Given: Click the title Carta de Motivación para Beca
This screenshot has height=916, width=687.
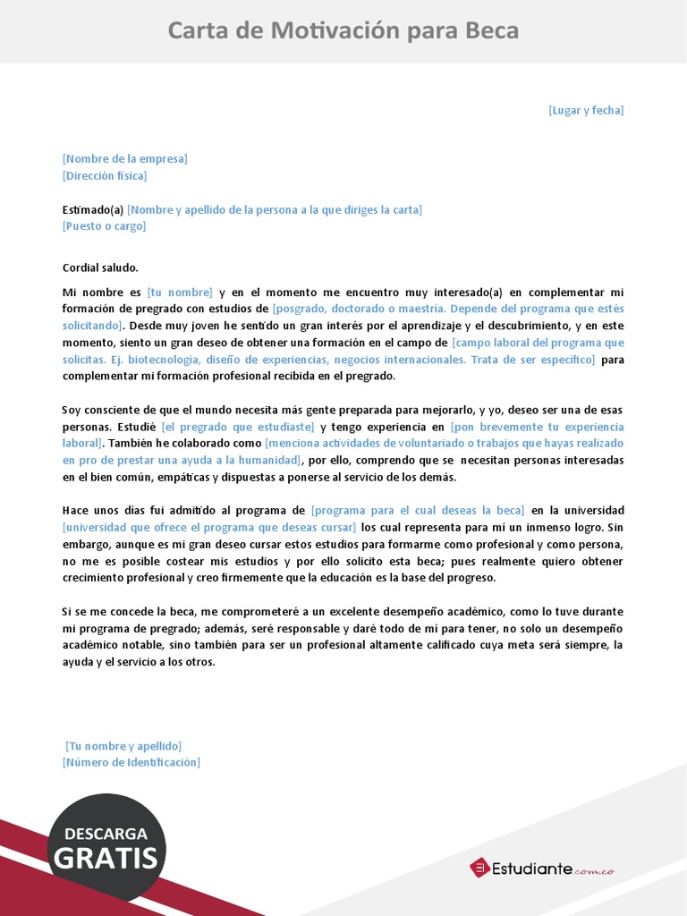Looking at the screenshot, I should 343,31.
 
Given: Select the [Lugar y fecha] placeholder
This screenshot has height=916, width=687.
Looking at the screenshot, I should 586,110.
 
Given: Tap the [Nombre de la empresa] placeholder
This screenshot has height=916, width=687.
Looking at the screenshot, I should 125,159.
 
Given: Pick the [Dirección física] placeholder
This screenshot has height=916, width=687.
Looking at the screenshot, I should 110,176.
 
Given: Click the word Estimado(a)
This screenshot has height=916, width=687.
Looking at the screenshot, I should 93,210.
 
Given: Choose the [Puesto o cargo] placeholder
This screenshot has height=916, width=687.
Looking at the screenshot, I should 104,226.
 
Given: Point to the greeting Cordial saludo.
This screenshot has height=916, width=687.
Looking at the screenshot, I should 101,267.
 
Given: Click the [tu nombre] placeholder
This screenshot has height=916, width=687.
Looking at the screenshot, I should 180,293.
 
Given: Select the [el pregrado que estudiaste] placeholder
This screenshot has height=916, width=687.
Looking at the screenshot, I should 238,428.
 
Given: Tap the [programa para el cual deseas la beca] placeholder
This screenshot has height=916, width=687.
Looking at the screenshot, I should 418,511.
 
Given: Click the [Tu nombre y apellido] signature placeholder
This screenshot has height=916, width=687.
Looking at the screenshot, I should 123,746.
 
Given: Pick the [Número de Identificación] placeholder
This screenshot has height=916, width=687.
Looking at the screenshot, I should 131,762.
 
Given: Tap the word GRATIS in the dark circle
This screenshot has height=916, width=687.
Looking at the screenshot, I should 106,859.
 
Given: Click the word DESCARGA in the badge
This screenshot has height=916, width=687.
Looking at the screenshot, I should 106,834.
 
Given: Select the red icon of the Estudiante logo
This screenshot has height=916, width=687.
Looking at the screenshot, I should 479,867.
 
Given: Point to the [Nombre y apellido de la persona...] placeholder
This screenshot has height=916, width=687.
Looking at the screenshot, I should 275,210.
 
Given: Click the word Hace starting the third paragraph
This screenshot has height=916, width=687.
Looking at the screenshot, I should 75,511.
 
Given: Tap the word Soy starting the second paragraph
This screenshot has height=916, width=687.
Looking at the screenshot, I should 72,410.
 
